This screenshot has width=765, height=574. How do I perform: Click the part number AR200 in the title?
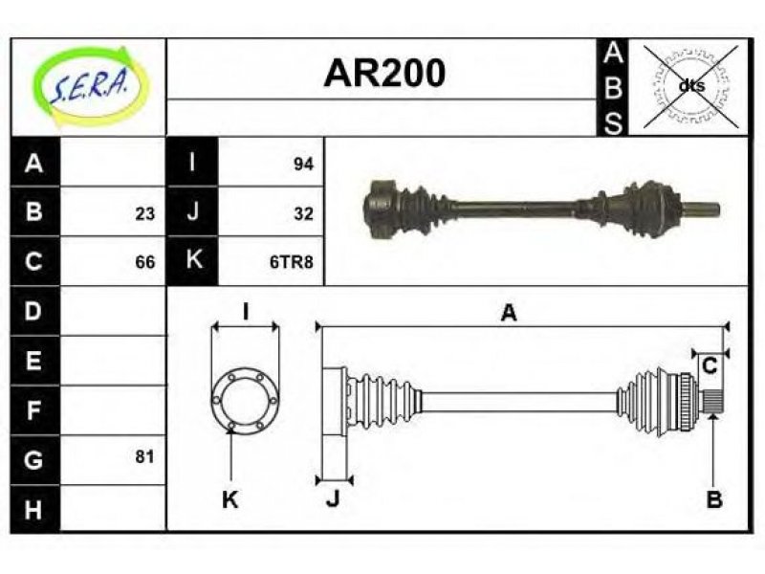(384, 74)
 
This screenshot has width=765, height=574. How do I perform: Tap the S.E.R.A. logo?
(89, 86)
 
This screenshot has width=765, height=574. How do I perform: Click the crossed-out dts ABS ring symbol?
(691, 86)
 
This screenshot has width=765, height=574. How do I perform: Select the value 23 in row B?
(145, 213)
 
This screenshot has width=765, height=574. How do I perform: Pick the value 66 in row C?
(145, 262)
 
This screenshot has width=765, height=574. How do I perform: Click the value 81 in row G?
(145, 457)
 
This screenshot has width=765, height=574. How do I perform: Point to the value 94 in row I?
(303, 164)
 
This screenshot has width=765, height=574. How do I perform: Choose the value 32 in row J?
(303, 213)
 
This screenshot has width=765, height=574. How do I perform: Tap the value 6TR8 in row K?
(292, 262)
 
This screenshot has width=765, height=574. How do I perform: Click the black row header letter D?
(33, 311)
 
